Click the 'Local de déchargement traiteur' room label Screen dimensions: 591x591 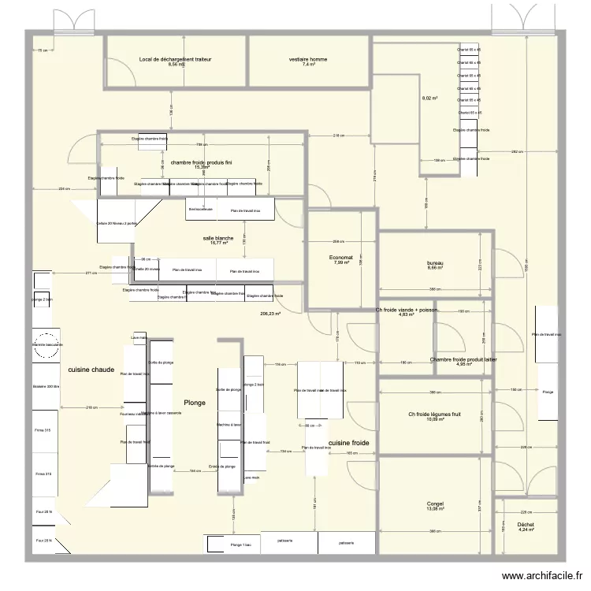tap(175, 59)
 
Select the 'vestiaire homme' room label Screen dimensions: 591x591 tap(308, 59)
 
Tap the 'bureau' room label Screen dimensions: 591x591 tap(436, 262)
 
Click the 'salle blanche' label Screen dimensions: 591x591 tap(218, 237)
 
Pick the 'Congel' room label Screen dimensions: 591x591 tap(435, 504)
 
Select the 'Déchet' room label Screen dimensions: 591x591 tap(526, 524)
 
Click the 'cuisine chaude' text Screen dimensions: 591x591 tap(91, 370)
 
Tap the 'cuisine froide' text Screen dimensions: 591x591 tap(350, 443)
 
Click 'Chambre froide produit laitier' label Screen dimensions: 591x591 tap(463, 359)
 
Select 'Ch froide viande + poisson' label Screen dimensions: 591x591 tap(407, 310)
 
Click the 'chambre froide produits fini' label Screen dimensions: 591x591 tap(202, 162)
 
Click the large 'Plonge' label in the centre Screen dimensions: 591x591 tap(195, 403)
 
